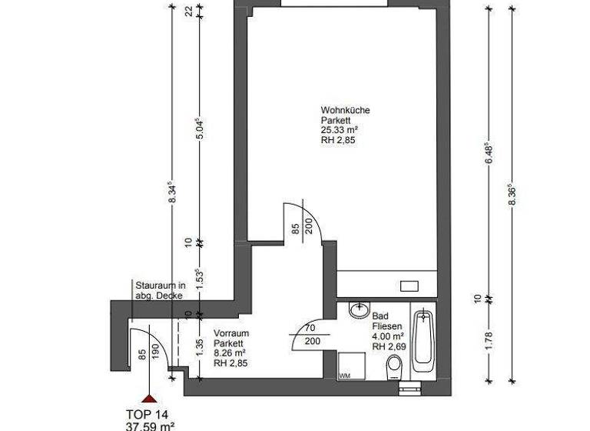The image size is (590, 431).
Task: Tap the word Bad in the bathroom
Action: point(379,316)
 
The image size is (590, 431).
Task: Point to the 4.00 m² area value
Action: point(389,336)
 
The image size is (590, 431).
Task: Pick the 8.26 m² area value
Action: point(230,354)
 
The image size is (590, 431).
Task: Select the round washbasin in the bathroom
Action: point(357,310)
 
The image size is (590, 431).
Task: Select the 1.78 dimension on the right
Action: point(489,339)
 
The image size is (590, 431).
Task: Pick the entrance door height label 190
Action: point(156,352)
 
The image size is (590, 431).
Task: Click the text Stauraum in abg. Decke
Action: point(161,289)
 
